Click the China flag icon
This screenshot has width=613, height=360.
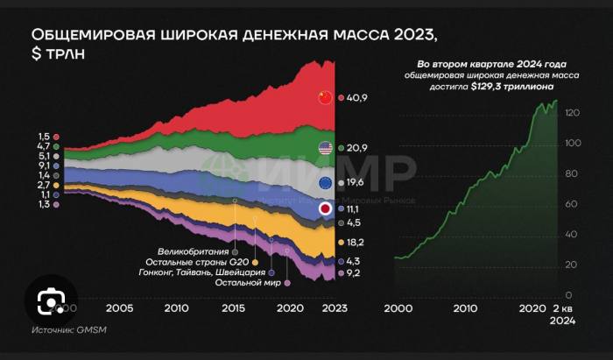coord(326,97)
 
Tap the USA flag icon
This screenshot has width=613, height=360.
coord(326,149)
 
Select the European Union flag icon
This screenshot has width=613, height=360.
coord(326,182)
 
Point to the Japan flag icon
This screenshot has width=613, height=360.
coord(326,209)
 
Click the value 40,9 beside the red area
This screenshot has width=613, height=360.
coord(356,98)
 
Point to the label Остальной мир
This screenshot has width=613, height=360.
coord(250,282)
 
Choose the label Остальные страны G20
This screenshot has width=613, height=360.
coord(200,261)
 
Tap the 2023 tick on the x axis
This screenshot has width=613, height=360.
coord(334,308)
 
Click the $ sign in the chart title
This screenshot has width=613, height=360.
coord(37,55)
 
